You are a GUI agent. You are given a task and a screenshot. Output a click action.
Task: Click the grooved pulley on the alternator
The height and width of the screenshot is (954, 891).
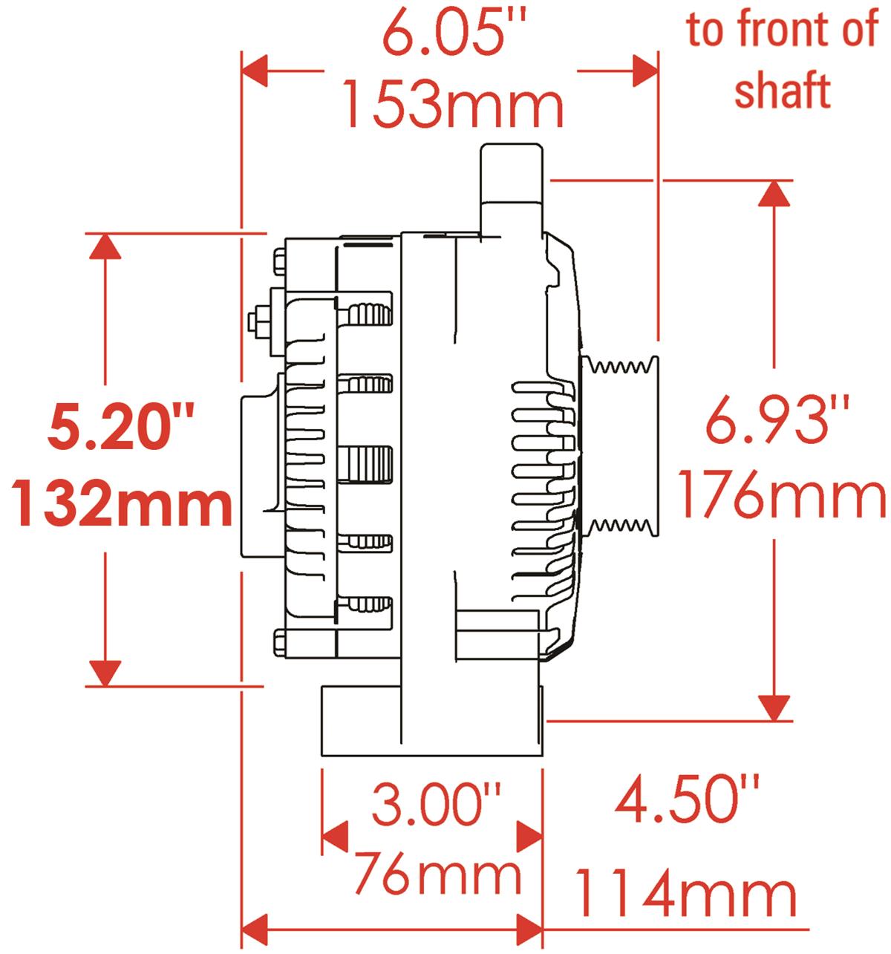(619, 445)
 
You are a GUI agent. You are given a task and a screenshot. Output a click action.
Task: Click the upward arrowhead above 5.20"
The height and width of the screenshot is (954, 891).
(105, 246)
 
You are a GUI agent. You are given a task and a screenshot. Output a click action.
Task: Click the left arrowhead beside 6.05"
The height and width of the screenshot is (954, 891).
(256, 72)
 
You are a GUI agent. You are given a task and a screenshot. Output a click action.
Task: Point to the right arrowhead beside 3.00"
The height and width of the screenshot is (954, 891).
(529, 837)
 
